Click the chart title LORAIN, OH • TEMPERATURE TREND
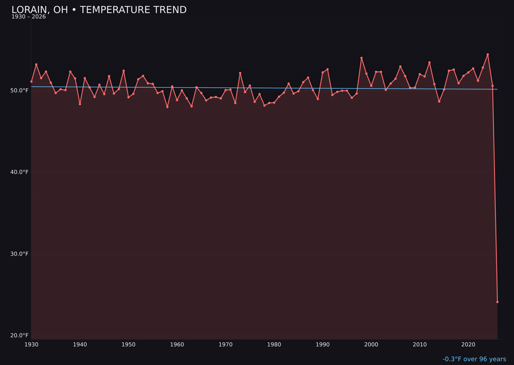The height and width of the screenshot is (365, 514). tap(99, 10)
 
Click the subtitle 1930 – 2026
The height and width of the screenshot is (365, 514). tap(29, 17)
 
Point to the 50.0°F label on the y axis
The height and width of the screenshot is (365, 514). tap(20, 90)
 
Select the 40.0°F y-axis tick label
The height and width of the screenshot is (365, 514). tap(20, 172)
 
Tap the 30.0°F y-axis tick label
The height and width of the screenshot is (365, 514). tap(20, 254)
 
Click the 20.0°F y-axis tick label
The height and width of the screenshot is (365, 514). tap(20, 336)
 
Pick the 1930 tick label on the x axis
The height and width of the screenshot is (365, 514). tap(31, 345)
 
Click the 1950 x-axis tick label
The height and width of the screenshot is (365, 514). tap(128, 345)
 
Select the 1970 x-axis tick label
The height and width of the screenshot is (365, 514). tap(226, 345)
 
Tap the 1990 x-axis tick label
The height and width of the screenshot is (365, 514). tap(323, 345)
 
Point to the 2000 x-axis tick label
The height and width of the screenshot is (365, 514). tap(371, 345)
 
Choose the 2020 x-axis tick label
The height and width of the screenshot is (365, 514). tap(468, 345)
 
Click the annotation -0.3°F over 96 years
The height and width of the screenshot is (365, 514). tap(474, 359)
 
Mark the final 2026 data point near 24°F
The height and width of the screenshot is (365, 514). tap(497, 302)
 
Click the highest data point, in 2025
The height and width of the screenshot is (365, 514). tap(487, 54)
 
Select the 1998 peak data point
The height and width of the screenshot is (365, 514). tap(361, 58)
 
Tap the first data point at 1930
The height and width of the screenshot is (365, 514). tap(31, 81)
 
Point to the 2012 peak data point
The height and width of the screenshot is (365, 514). tap(429, 62)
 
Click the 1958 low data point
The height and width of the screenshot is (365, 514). tap(167, 107)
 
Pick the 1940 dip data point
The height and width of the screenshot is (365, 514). tap(80, 104)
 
